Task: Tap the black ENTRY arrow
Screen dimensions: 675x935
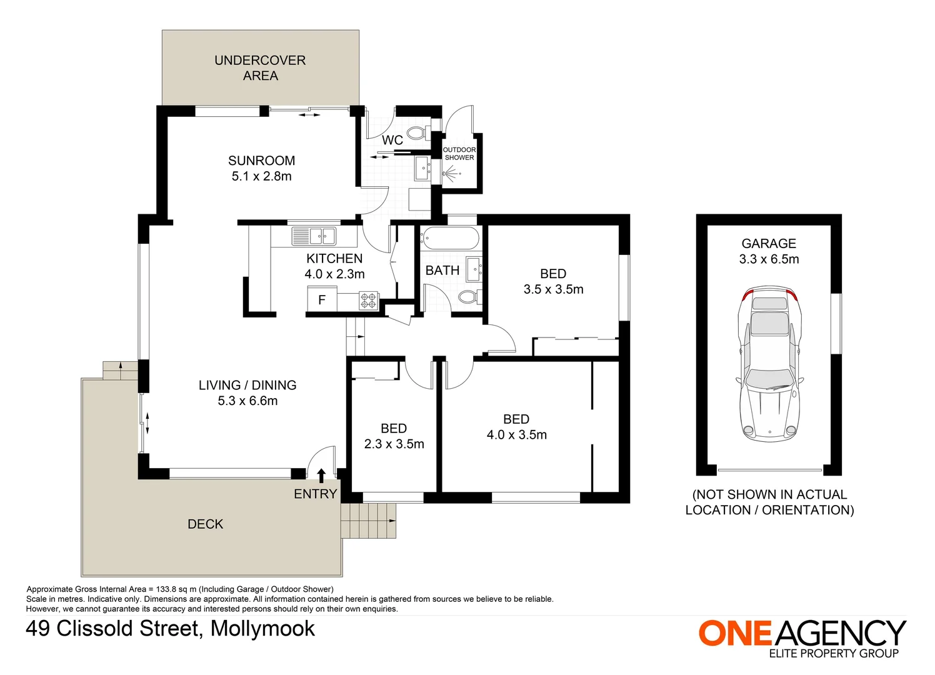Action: (321, 476)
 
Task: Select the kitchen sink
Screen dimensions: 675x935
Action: (314, 236)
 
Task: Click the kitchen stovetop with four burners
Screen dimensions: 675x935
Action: (369, 301)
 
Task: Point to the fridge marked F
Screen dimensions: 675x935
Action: (322, 300)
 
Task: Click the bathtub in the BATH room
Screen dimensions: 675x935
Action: (449, 239)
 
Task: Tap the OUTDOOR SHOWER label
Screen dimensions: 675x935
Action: (459, 154)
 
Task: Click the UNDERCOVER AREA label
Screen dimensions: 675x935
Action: (260, 68)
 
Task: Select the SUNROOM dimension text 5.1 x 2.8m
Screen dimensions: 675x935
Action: (261, 176)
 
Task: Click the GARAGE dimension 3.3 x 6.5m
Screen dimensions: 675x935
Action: (769, 259)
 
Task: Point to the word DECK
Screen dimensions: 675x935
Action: (205, 524)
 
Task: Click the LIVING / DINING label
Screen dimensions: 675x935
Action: (247, 386)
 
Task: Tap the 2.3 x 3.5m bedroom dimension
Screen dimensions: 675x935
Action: (394, 444)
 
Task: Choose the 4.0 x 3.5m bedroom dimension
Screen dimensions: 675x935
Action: (516, 435)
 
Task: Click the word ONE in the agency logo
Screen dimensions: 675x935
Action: (736, 633)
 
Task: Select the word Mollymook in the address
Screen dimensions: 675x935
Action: (262, 629)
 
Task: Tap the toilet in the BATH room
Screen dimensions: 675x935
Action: (469, 296)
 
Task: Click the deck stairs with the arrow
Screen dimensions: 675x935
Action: (369, 521)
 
